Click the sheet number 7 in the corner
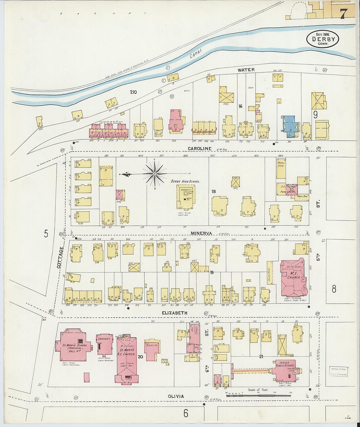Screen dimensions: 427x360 (343, 13)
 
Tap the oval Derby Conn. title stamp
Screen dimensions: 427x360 (323, 39)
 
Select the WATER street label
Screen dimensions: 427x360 (246, 70)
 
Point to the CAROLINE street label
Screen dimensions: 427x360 (200, 149)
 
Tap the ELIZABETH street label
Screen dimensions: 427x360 (175, 313)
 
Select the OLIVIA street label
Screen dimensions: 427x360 (176, 396)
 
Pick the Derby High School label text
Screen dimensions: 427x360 (185, 181)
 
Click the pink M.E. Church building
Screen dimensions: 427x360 (293, 277)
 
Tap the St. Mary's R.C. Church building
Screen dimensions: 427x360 (126, 358)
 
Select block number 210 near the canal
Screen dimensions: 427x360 (133, 92)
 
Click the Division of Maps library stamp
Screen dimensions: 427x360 (338, 371)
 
